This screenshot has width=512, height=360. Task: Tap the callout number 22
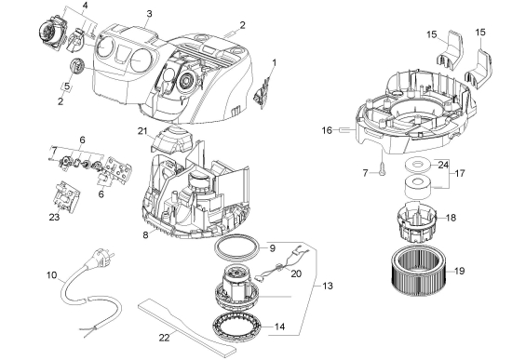(x=165, y=338)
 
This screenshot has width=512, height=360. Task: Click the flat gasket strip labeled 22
(x=186, y=327)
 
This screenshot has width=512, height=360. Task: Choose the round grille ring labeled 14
(x=236, y=326)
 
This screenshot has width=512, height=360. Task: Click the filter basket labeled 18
(x=416, y=222)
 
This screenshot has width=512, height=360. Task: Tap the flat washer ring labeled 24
(x=417, y=165)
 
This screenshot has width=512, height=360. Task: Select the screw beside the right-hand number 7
(x=382, y=169)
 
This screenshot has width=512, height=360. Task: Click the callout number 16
(x=327, y=130)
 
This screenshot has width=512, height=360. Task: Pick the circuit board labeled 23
(x=67, y=197)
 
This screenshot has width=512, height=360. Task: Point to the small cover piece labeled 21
(x=171, y=139)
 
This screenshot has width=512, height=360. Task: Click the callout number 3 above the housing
(x=149, y=14)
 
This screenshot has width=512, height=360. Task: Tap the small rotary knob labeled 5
(x=77, y=66)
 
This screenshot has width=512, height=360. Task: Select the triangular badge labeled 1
(x=263, y=90)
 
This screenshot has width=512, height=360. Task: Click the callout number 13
(x=328, y=286)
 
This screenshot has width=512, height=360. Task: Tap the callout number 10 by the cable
(x=51, y=275)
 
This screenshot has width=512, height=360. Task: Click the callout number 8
(x=145, y=234)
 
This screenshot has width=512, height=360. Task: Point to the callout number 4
(x=85, y=6)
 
